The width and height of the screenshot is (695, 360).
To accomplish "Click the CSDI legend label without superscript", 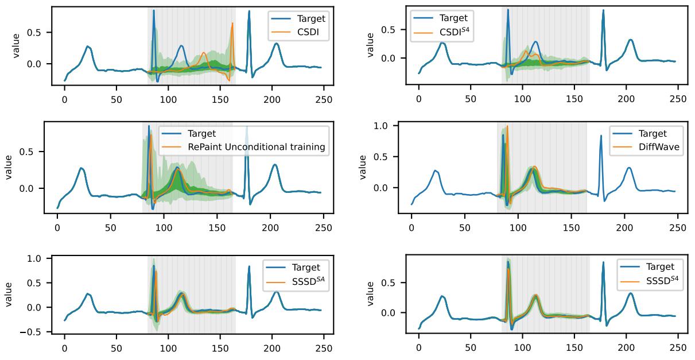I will pos(309,32).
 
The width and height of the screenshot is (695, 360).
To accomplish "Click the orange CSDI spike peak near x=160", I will pos(232,24).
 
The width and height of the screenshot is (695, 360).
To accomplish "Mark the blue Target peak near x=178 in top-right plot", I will pos(603,10).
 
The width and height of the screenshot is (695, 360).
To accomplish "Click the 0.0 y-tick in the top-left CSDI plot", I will pos(38,63).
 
